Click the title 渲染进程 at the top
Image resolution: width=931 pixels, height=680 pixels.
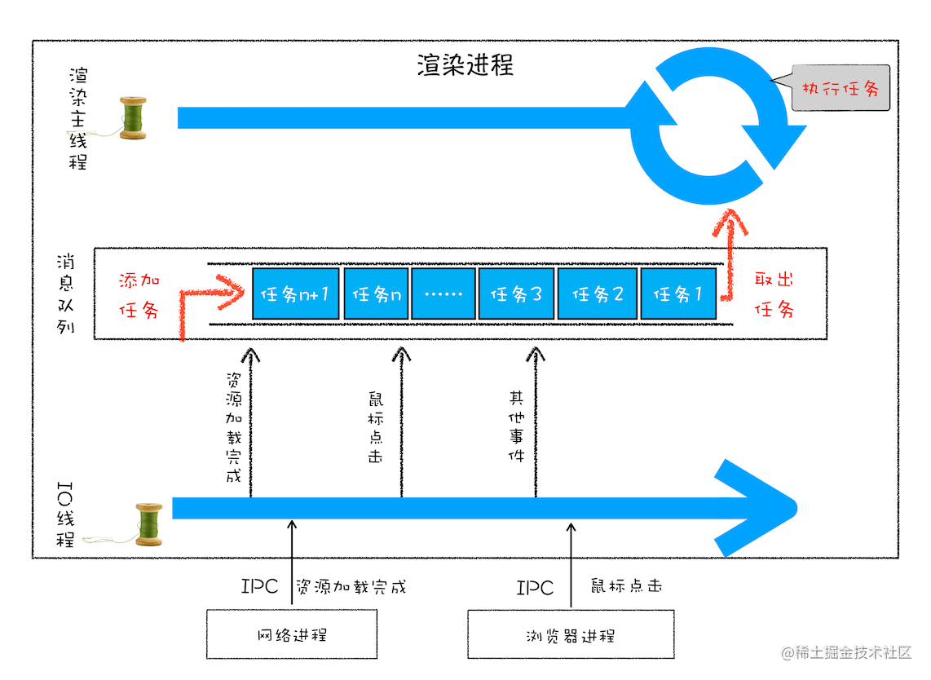click(465, 65)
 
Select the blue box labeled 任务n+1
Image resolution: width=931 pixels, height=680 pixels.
click(295, 294)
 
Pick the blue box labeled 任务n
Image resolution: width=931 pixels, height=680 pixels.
click(376, 294)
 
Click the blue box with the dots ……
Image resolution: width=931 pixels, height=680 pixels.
click(443, 294)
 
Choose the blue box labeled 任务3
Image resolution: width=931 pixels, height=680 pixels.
click(516, 294)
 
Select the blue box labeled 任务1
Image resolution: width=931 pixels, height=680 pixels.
click(677, 294)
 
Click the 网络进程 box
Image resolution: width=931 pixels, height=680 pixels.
click(292, 634)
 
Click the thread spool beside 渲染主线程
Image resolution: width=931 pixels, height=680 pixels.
click(133, 119)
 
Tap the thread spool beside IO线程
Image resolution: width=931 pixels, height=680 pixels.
click(148, 523)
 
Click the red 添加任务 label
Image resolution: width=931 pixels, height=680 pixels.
click(139, 294)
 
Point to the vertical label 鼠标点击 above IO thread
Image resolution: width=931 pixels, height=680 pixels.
click(376, 429)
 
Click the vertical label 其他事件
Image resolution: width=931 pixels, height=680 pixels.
click(516, 426)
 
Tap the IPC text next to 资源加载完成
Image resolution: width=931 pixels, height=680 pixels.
click(260, 587)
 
